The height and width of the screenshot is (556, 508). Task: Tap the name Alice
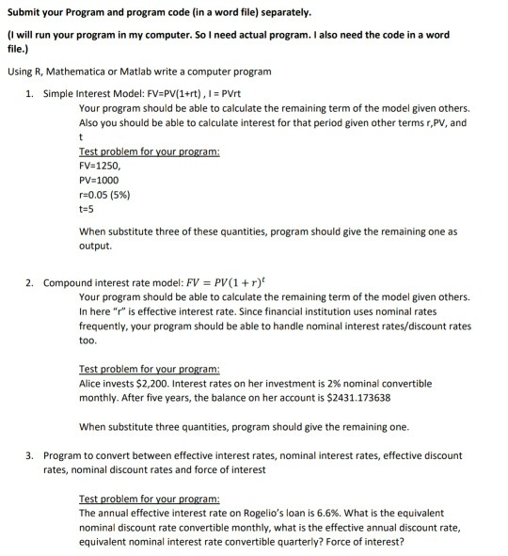point(92,384)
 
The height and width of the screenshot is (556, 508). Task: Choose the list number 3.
point(29,455)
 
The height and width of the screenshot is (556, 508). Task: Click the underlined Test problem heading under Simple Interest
point(150,150)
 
